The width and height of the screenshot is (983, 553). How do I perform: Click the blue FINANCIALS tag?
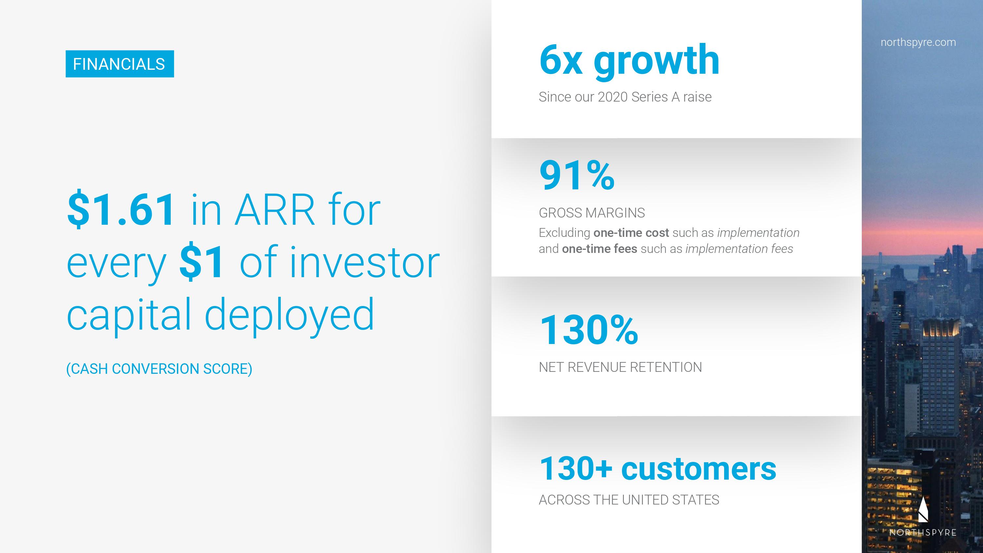(x=120, y=64)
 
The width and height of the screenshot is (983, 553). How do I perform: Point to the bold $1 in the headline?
(x=202, y=262)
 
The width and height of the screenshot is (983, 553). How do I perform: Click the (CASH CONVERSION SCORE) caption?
(x=159, y=369)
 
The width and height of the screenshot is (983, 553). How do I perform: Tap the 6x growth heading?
(x=629, y=61)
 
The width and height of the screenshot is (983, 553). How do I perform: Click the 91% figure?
(x=577, y=176)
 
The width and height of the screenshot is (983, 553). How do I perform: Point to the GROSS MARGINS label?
(x=592, y=213)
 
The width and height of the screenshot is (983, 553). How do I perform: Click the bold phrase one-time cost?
(x=631, y=233)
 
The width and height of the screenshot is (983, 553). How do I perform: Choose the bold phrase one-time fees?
(x=600, y=249)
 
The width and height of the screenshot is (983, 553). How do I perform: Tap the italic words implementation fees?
(x=739, y=249)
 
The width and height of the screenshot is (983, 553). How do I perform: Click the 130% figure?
(x=589, y=330)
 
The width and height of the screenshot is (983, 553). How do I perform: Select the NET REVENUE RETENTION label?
(x=620, y=367)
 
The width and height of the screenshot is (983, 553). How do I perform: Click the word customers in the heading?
(x=699, y=469)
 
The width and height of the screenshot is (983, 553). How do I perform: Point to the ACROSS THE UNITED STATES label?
(x=629, y=500)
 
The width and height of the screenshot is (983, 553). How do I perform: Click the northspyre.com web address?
(x=918, y=42)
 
